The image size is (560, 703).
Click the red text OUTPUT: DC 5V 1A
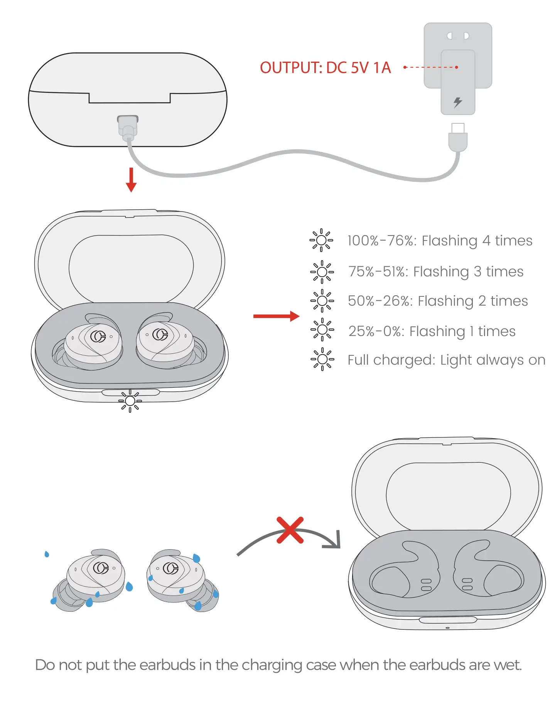tap(325, 68)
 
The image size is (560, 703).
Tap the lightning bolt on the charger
tap(457, 102)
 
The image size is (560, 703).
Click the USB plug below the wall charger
tap(458, 138)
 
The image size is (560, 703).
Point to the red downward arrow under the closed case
tap(131, 180)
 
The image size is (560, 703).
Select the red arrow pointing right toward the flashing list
tap(276, 316)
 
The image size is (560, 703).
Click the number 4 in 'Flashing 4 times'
tap(486, 240)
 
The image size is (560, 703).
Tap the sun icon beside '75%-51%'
tap(322, 272)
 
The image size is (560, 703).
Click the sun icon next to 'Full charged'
tap(322, 360)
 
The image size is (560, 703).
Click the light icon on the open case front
tap(130, 401)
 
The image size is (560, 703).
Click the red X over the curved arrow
tap(290, 530)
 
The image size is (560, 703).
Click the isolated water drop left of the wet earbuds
tap(47, 554)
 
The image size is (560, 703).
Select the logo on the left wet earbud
tap(101, 568)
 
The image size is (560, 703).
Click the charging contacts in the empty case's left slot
tap(426, 584)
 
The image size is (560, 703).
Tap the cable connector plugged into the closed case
tap(128, 128)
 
